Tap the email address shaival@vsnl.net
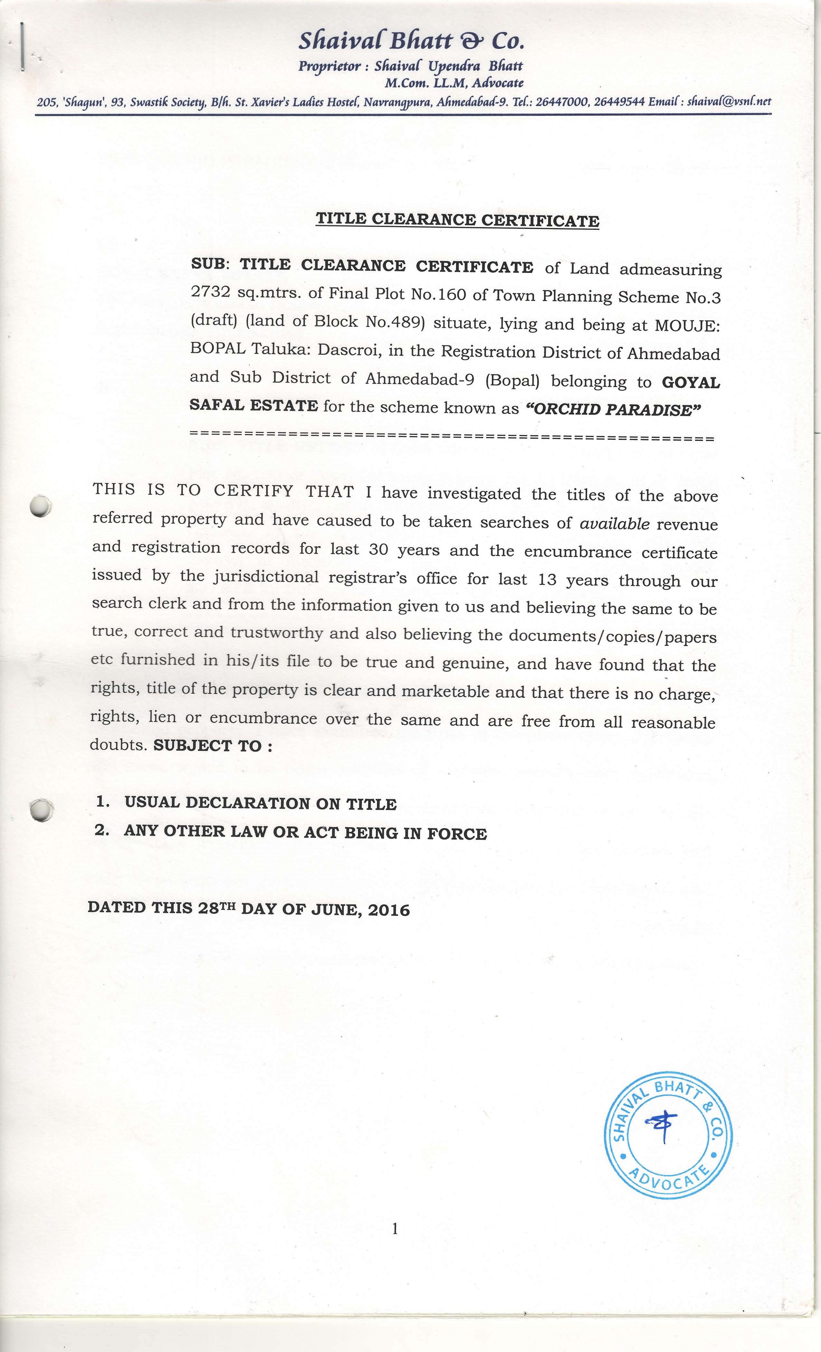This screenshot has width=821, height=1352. pyautogui.click(x=729, y=101)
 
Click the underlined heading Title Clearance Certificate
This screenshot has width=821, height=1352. pyautogui.click(x=457, y=220)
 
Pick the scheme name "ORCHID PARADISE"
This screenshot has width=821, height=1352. pyautogui.click(x=614, y=410)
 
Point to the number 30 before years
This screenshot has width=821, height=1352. pyautogui.click(x=378, y=550)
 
